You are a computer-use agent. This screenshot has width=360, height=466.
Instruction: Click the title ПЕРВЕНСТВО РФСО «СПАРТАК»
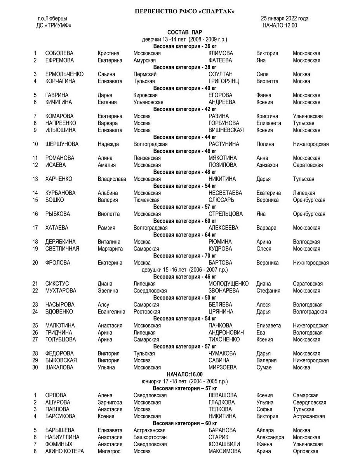point(184,11)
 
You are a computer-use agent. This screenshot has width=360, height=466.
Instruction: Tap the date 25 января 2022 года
point(285,19)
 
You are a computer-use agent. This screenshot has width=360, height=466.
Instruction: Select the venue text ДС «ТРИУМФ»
point(54,26)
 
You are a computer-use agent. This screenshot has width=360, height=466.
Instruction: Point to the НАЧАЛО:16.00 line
point(184,374)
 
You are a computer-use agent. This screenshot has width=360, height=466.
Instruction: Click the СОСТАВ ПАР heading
point(184,32)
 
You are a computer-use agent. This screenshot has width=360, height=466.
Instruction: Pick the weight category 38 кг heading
point(184,67)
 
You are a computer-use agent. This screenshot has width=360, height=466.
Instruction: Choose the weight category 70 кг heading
point(184,256)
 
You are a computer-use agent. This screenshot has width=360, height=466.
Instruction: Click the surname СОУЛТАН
point(221,74)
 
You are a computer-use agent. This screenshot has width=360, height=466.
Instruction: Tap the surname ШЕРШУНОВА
point(62,144)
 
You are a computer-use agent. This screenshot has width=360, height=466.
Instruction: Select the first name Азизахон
point(267,165)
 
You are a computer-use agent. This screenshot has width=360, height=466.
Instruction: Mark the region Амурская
point(144,60)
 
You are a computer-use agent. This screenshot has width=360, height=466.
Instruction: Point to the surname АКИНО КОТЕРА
point(64,451)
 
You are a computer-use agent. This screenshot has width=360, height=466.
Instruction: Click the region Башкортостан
point(150,437)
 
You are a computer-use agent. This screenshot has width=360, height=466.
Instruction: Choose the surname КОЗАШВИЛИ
point(224,444)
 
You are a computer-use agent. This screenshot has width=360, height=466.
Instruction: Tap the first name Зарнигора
point(110,402)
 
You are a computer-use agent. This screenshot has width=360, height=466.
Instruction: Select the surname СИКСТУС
point(57,284)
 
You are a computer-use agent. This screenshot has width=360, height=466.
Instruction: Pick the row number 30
point(35,367)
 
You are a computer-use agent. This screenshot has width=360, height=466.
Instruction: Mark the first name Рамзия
point(106,228)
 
